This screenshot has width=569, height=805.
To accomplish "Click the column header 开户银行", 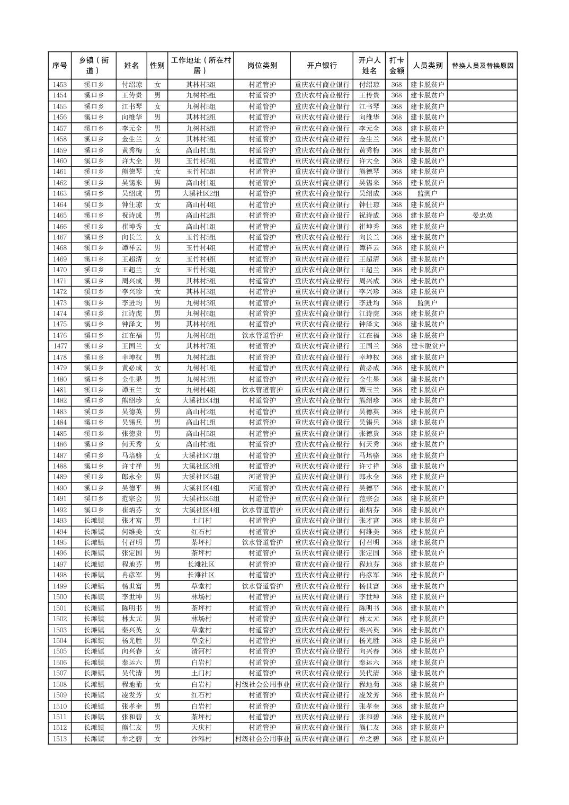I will pos(322,66).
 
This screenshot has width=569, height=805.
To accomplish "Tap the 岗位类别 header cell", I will pos(262,66).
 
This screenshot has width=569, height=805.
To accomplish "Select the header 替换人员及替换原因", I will pos(482,66).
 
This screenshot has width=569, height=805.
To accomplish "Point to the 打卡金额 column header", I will pos(396,66).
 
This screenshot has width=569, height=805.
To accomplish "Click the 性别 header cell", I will pos(157,66).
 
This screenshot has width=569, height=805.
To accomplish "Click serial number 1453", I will pos(60,85).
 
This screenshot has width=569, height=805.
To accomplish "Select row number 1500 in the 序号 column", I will pos(60,597).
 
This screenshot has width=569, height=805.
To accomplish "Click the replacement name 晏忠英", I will pos(482,216).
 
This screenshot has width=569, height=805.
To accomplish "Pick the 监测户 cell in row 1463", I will pos(427,194).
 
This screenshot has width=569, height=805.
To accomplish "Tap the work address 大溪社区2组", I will pos(201,194).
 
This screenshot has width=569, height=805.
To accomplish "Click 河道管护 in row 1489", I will pos(262,477).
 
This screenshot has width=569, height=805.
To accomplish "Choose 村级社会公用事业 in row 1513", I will pos(262,739).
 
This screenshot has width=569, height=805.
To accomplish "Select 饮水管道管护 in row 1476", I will pos(262,335).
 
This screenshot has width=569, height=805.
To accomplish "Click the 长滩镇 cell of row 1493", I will pos(94,521).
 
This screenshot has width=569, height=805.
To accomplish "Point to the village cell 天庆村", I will pos(201,728).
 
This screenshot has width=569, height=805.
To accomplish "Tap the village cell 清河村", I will pos(201,651).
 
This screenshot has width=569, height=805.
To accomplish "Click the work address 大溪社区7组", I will pos(201,455).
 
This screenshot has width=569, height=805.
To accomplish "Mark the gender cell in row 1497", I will pos(157,564).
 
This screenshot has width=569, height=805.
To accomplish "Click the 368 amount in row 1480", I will pos(396,379).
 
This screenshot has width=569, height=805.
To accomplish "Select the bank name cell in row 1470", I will pos(322,270).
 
